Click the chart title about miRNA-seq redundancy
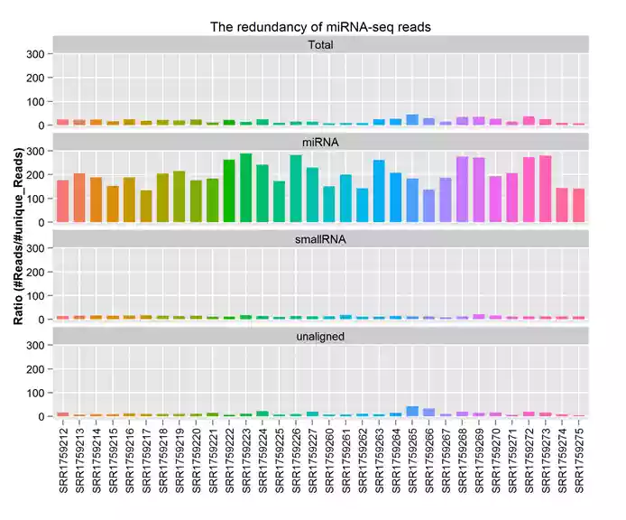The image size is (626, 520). [x=320, y=27]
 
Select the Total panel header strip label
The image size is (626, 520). [x=320, y=44]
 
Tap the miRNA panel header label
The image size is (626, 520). [x=320, y=142]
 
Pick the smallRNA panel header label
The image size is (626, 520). [x=320, y=238]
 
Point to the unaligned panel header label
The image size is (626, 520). [x=320, y=336]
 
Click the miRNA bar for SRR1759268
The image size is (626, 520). [x=462, y=190]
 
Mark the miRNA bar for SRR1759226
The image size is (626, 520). [x=295, y=189]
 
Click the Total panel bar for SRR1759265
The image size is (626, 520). [x=412, y=119]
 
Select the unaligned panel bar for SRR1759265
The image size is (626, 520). [x=412, y=411]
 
